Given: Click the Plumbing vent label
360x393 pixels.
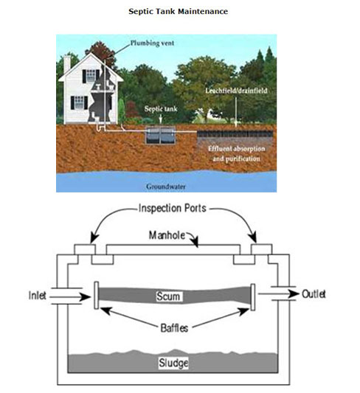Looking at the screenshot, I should (153, 44).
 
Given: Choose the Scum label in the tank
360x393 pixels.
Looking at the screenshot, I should (173, 296).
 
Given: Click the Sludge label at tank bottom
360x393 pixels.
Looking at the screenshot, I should (173, 364).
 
